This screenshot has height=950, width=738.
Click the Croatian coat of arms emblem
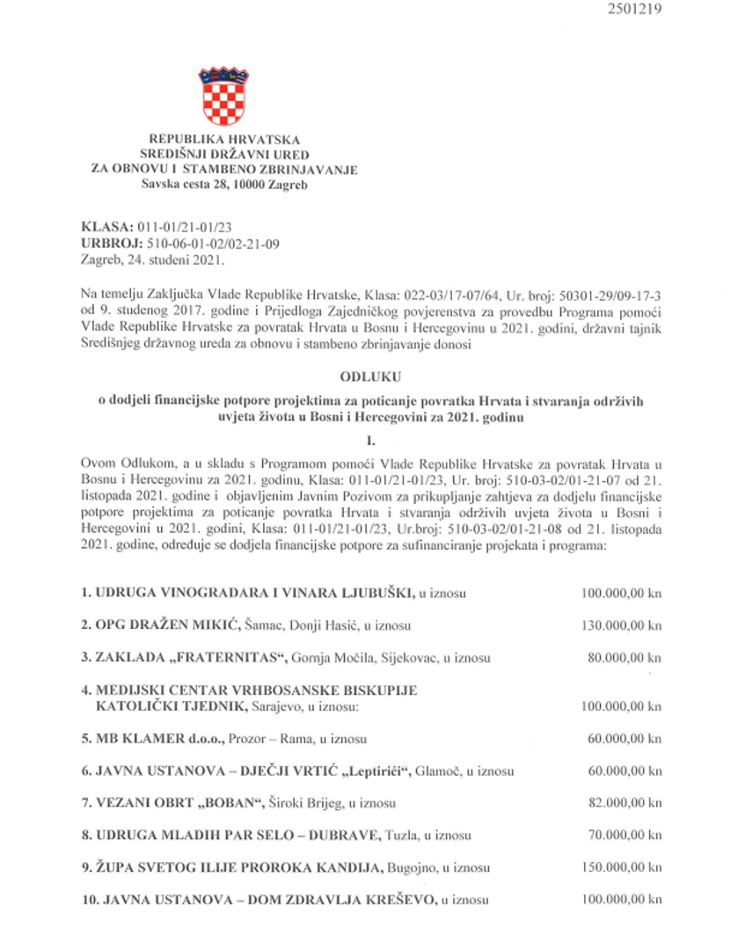[223, 96]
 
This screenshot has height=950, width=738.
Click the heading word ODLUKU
[368, 376]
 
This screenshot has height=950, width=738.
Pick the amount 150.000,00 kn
[622, 867]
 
